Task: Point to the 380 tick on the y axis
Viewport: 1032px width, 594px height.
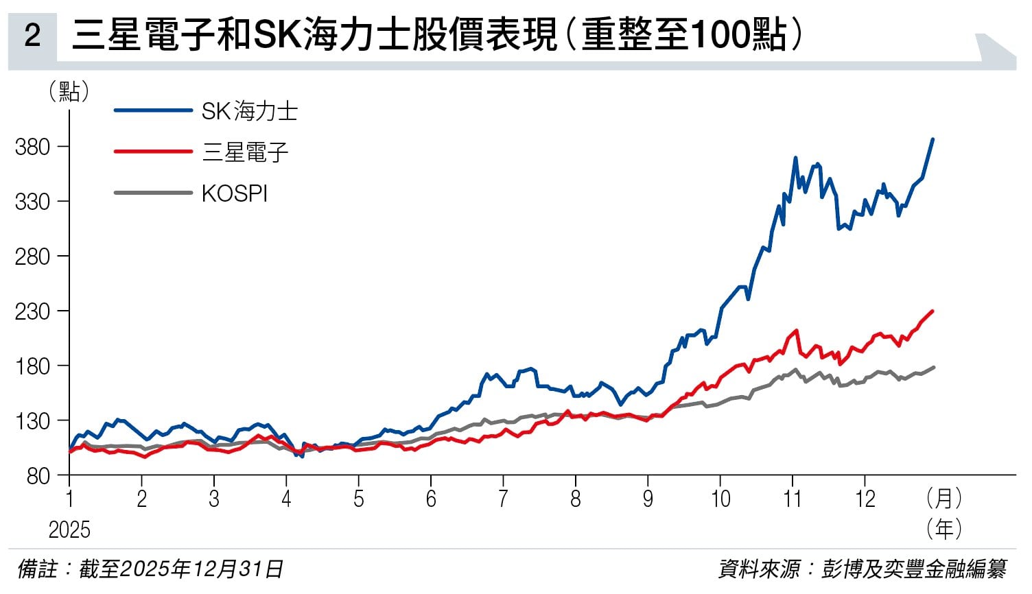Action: (33, 147)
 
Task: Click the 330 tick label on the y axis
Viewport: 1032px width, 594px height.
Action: (33, 202)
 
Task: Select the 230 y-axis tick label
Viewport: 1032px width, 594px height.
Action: (33, 311)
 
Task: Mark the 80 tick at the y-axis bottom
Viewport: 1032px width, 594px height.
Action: (38, 475)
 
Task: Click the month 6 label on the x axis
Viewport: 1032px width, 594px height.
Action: (431, 499)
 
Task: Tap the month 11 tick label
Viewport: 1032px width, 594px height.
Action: (793, 499)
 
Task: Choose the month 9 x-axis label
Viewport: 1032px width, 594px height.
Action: (648, 499)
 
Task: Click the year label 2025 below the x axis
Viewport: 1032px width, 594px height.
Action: (69, 530)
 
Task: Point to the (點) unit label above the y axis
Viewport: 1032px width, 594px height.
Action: (69, 91)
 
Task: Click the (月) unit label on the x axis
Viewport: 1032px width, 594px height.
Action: (943, 499)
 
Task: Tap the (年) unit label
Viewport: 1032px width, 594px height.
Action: (943, 529)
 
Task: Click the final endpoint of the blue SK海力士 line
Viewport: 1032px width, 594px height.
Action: (933, 140)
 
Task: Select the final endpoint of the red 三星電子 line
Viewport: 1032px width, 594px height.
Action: (933, 311)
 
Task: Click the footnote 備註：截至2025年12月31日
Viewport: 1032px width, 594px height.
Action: (150, 569)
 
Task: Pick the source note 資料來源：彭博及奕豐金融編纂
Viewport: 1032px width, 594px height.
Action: (862, 569)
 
